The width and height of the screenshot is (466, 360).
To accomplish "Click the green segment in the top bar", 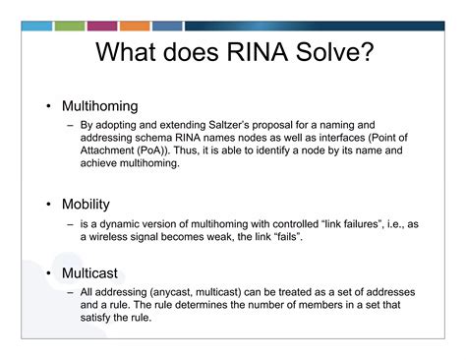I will coord(69,26).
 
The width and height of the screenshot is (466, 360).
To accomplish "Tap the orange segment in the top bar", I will coord(135,26).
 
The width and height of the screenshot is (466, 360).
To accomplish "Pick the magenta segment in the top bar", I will coord(102,26).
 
